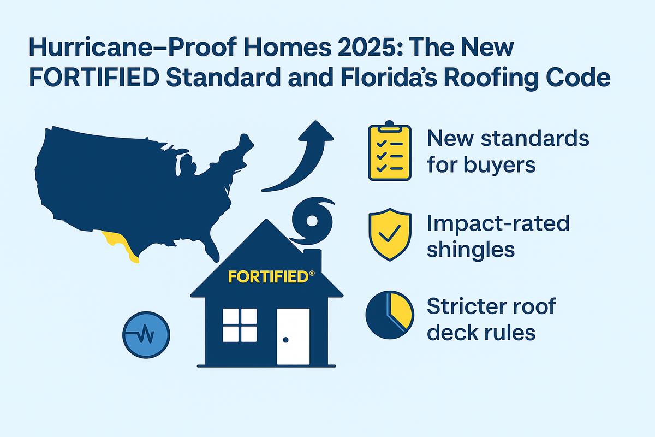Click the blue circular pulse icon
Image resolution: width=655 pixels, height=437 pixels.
(147, 335)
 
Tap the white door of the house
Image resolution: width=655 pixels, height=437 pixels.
(293, 336)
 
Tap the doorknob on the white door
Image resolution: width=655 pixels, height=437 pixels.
(285, 340)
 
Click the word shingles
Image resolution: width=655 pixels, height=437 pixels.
(471, 249)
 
